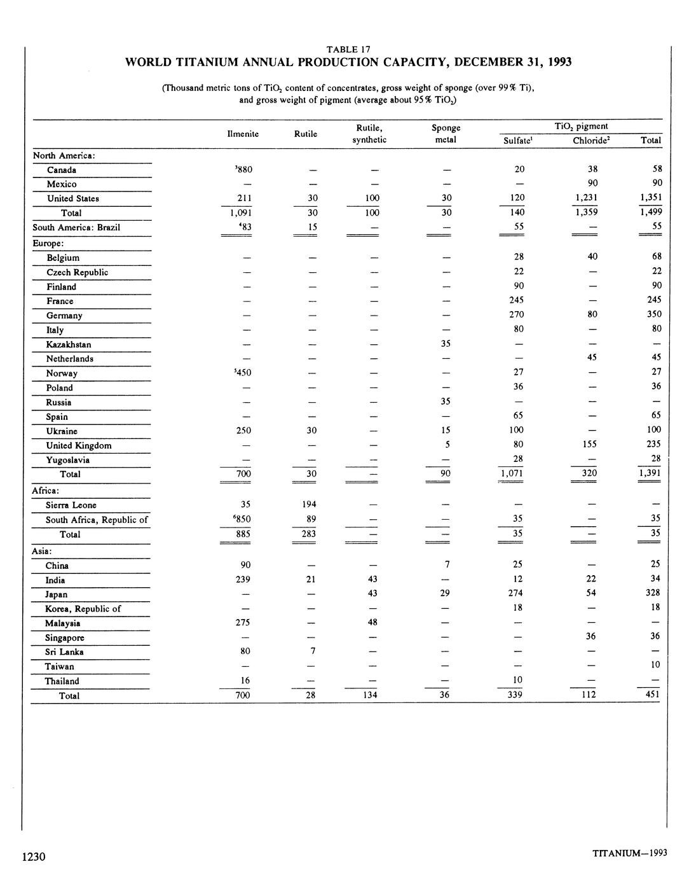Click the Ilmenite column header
point(242,134)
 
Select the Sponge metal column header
point(445,134)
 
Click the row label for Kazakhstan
point(68,344)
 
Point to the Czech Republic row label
point(77,272)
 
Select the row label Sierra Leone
point(71,505)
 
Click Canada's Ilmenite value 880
point(243,170)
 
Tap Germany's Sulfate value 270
point(518,314)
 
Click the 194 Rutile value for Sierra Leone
point(309,505)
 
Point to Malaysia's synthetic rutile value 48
point(372,622)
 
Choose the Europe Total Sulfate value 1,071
point(517,473)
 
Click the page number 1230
point(34,857)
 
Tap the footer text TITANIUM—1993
point(629,853)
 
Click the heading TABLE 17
point(348,49)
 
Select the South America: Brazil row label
point(76,227)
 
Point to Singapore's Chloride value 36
point(591,636)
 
